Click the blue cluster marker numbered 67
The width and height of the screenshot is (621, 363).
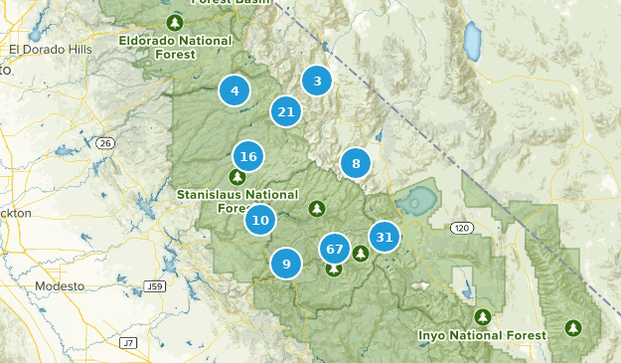[x=334, y=249]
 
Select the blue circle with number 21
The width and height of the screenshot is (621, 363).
[x=286, y=111]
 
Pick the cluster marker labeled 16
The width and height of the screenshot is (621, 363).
[x=248, y=156]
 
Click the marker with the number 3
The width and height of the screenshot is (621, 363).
[x=317, y=81]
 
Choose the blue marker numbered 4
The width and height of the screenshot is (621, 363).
[x=234, y=91]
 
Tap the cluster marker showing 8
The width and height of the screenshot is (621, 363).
[x=355, y=163]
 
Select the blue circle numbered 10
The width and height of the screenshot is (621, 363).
[x=260, y=220]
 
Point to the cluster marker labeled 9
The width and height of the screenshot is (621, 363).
[x=286, y=264]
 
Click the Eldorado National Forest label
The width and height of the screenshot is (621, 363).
[x=176, y=41]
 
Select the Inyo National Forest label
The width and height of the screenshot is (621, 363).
[x=482, y=336]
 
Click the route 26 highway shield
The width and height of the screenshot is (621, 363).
[x=104, y=143]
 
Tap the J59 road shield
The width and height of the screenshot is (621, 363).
[x=153, y=286]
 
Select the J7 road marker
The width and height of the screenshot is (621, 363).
[x=127, y=342]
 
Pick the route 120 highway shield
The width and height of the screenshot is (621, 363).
[x=460, y=228]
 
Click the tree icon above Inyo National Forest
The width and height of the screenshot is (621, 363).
[x=483, y=317]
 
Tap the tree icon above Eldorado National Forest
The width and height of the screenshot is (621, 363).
[x=176, y=22]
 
